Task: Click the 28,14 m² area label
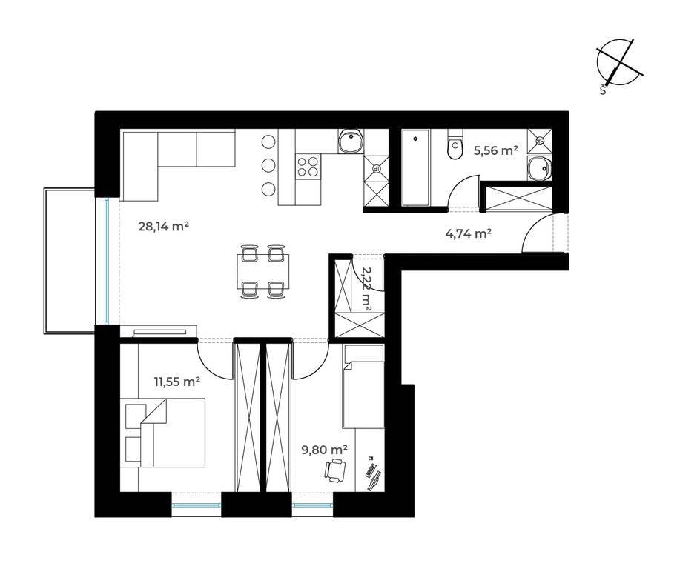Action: coord(164,226)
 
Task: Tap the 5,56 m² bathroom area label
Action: coord(495,150)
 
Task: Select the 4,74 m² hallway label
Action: coord(469,233)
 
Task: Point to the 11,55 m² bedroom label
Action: coord(176,382)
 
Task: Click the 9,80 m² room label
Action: coord(325,450)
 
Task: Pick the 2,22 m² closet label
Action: coord(366,287)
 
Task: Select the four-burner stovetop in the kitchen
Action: coord(308,167)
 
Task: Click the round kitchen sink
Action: coord(351,141)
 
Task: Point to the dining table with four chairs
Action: coord(263,271)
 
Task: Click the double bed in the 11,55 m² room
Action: coord(173,433)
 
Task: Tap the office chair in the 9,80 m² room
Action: coord(335,470)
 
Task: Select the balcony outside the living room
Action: coord(69,261)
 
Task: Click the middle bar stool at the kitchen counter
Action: coord(268,165)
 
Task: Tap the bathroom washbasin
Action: coord(539,169)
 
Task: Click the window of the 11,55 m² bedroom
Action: coord(197,505)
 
